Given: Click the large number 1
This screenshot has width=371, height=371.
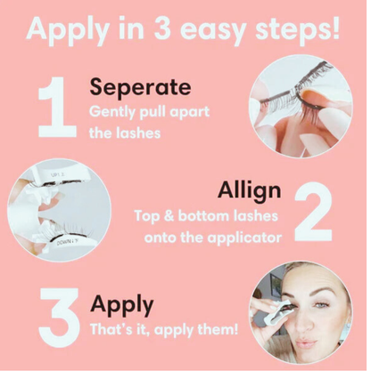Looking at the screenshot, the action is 57,107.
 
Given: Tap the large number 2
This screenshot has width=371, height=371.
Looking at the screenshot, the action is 313,211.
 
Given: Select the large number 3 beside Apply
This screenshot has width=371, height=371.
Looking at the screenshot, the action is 59,318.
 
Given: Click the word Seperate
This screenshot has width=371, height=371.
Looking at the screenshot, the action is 140,87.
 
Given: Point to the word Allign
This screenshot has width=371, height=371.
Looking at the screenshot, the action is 250,191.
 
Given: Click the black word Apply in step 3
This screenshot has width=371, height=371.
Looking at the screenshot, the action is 122,305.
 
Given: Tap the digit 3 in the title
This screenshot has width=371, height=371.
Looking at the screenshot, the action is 162,28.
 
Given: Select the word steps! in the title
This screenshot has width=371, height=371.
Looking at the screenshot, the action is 297,29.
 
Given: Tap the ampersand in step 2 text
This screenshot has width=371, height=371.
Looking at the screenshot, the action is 169,216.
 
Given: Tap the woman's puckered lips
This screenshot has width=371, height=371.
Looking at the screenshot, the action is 306,343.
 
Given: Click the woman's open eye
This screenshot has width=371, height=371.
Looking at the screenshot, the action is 322,304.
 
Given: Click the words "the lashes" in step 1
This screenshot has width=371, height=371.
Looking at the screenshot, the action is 125,133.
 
